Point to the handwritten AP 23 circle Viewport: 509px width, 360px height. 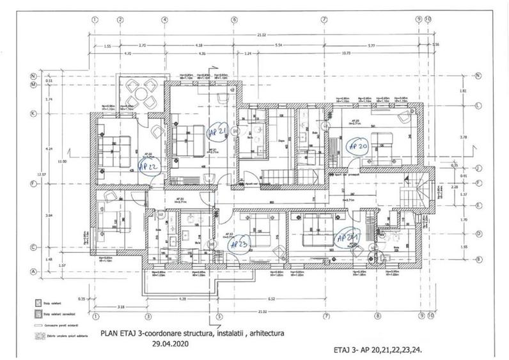239,244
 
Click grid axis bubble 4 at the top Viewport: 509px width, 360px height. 165,19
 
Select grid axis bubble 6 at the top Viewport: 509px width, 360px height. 234,19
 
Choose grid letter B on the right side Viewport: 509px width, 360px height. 478,259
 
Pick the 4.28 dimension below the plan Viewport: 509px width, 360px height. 182,299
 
